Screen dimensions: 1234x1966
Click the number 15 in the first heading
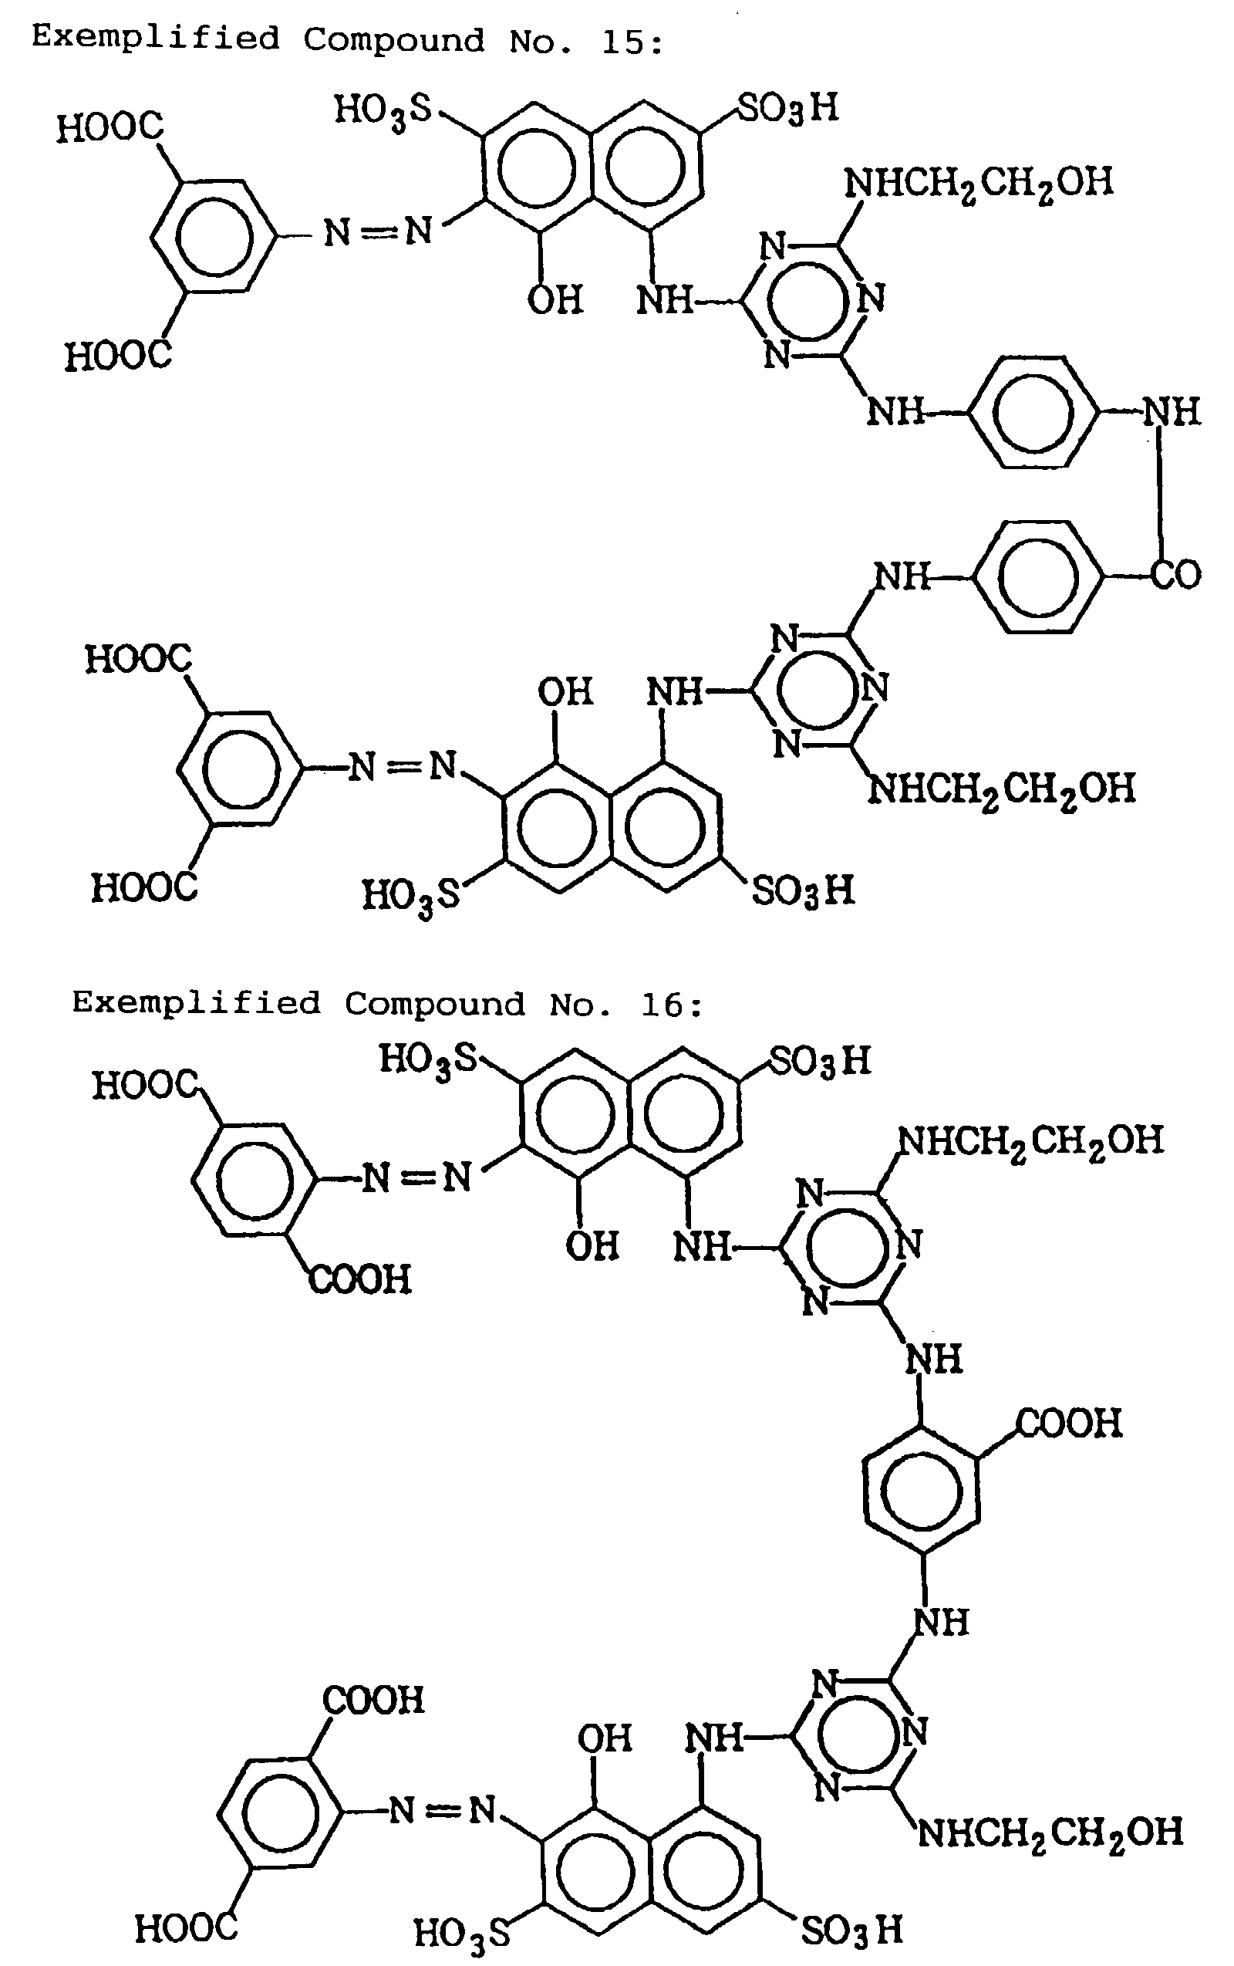621,42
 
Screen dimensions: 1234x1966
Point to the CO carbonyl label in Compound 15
1176,574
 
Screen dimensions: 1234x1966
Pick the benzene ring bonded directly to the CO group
1038,576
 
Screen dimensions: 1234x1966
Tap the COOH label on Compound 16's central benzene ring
1069,1424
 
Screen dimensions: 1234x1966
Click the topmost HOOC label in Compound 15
110,128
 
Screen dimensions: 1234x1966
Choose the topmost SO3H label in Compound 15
787,109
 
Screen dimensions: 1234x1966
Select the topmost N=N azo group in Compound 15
378,233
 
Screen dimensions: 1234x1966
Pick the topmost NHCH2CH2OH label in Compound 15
979,181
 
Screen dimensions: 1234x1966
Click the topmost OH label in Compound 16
592,1247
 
